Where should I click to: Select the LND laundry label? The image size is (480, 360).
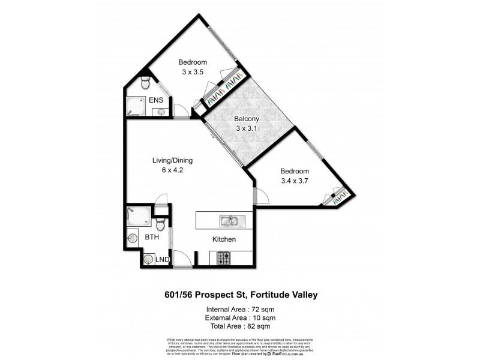(162, 260)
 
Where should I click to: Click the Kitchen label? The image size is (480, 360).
(224, 239)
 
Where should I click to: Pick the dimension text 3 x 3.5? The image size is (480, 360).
(193, 72)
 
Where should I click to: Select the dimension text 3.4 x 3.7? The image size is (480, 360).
(295, 180)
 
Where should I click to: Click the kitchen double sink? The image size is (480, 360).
(229, 221)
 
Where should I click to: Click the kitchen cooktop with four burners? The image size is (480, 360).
(223, 259)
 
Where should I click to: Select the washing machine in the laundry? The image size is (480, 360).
(148, 260)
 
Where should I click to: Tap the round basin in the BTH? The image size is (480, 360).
(133, 238)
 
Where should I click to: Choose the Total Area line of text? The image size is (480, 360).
(241, 326)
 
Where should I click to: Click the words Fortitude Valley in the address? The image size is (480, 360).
(283, 295)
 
